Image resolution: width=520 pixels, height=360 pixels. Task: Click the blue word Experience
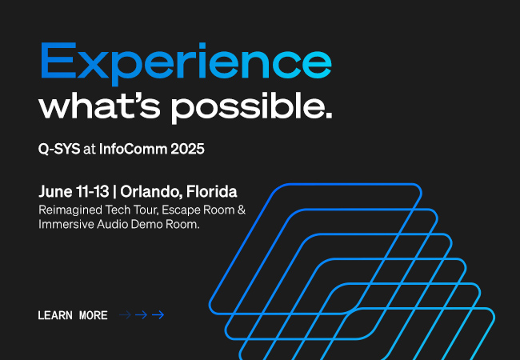click(x=186, y=64)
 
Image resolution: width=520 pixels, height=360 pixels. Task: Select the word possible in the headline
click(x=251, y=108)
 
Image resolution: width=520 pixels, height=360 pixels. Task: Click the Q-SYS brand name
click(x=59, y=149)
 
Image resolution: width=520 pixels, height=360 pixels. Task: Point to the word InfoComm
click(x=133, y=149)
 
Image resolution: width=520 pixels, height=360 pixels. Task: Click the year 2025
click(x=187, y=149)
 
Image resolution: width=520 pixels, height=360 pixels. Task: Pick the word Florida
click(x=211, y=191)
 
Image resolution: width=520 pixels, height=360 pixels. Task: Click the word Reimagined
click(x=70, y=210)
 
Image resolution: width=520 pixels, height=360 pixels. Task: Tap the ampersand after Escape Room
click(x=242, y=210)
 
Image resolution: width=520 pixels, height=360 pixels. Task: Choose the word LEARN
click(x=55, y=315)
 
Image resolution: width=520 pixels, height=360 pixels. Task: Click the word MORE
click(x=94, y=315)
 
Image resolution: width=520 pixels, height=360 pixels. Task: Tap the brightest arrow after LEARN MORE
click(x=158, y=315)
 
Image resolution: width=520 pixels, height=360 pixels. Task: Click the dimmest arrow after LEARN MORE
click(x=125, y=315)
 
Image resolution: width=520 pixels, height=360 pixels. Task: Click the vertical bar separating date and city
click(x=114, y=192)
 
